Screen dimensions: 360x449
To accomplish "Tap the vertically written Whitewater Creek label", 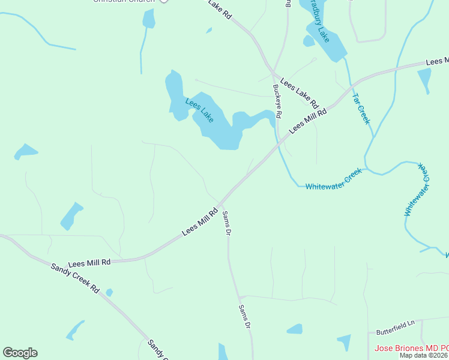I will [417, 190].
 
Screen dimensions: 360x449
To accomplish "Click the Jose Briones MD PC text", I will [411, 348].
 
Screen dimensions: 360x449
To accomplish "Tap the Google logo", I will [20, 353].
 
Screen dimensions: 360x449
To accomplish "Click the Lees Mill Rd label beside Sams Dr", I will [200, 222].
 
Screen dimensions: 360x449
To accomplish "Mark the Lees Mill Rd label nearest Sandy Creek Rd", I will [89, 263].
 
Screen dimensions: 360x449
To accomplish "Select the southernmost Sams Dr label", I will [244, 316].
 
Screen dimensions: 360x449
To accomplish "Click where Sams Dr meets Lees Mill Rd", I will [220, 204].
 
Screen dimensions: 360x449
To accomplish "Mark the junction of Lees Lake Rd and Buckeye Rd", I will [273, 74].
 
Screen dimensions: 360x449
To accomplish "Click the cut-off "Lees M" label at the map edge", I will [437, 61].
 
